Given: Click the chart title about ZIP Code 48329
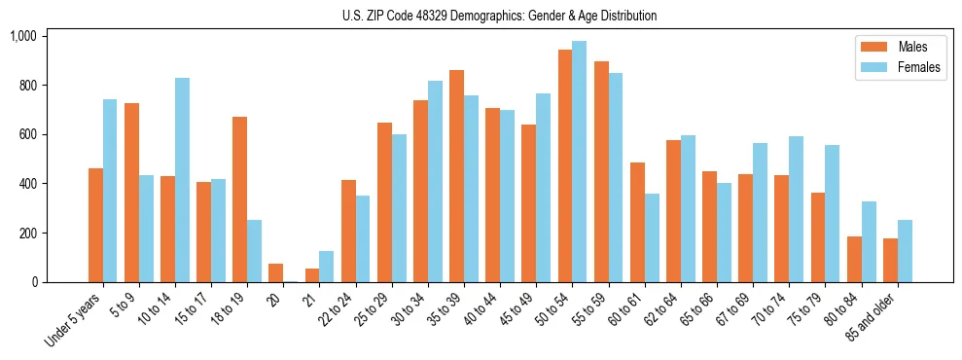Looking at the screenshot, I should pos(499,16).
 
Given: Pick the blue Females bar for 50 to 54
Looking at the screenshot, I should pos(580,162).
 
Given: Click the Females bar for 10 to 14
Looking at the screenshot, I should pos(182,180).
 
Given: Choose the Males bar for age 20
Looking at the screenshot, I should pos(275,273).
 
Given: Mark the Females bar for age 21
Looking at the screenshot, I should pos(326,267).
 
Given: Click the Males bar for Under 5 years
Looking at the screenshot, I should pos(95,226).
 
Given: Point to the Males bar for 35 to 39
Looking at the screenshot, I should pos(456,176).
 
